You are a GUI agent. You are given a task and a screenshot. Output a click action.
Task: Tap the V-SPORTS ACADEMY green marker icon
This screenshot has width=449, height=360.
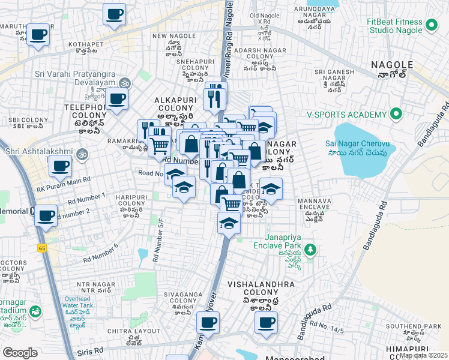(396, 113)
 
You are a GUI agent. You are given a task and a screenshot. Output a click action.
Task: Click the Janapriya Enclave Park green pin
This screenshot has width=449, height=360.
(310, 248)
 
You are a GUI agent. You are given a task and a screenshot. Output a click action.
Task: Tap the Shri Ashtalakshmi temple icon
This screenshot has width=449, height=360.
(83, 153)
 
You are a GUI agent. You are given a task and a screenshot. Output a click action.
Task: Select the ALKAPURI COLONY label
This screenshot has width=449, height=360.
(173, 107)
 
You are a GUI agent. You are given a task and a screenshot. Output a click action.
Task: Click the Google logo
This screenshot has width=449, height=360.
(20, 352)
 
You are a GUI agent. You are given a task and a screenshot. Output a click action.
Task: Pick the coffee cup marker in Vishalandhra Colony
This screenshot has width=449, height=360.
(265, 322)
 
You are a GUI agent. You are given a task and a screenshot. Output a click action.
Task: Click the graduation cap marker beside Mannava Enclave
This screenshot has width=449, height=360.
(271, 189)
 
